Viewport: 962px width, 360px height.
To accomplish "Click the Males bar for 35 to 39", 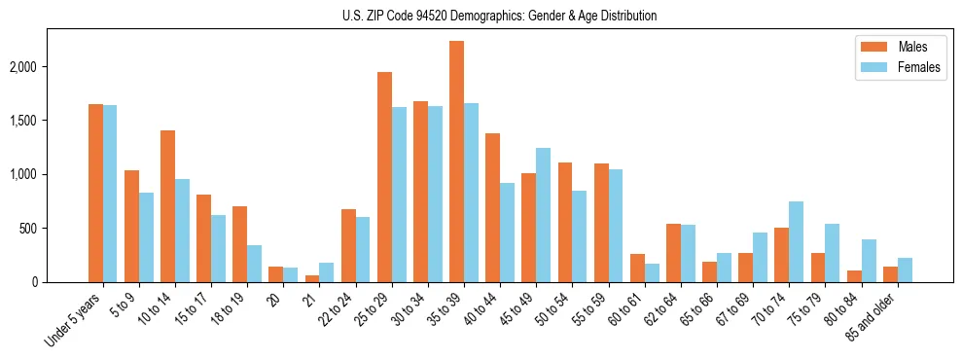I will [456, 162].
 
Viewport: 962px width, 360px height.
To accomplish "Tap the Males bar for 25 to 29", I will [384, 177].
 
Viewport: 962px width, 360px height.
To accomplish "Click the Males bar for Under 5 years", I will [95, 193].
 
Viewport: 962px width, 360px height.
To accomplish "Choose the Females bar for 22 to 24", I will [363, 249].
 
